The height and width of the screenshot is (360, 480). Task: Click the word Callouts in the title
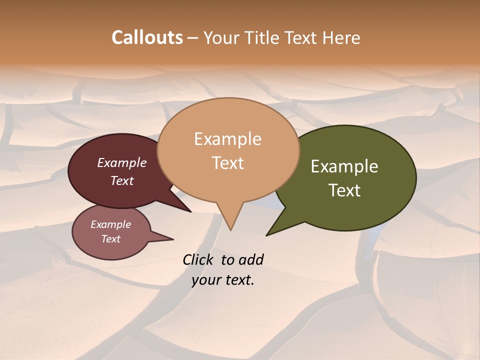[147, 37]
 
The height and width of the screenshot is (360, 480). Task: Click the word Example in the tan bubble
[227, 139]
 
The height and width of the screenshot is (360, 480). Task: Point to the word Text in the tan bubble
[227, 162]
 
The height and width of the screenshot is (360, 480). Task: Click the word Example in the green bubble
[344, 166]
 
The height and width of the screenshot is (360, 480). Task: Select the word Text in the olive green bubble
[344, 190]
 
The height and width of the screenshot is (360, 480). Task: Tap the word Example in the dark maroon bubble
[122, 162]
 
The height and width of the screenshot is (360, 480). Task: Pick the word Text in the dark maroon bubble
[122, 180]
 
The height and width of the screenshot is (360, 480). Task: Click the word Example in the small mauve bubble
[110, 224]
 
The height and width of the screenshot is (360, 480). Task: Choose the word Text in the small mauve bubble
[110, 239]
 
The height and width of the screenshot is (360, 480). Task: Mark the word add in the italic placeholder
[251, 259]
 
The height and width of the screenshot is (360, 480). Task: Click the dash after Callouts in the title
[193, 37]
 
